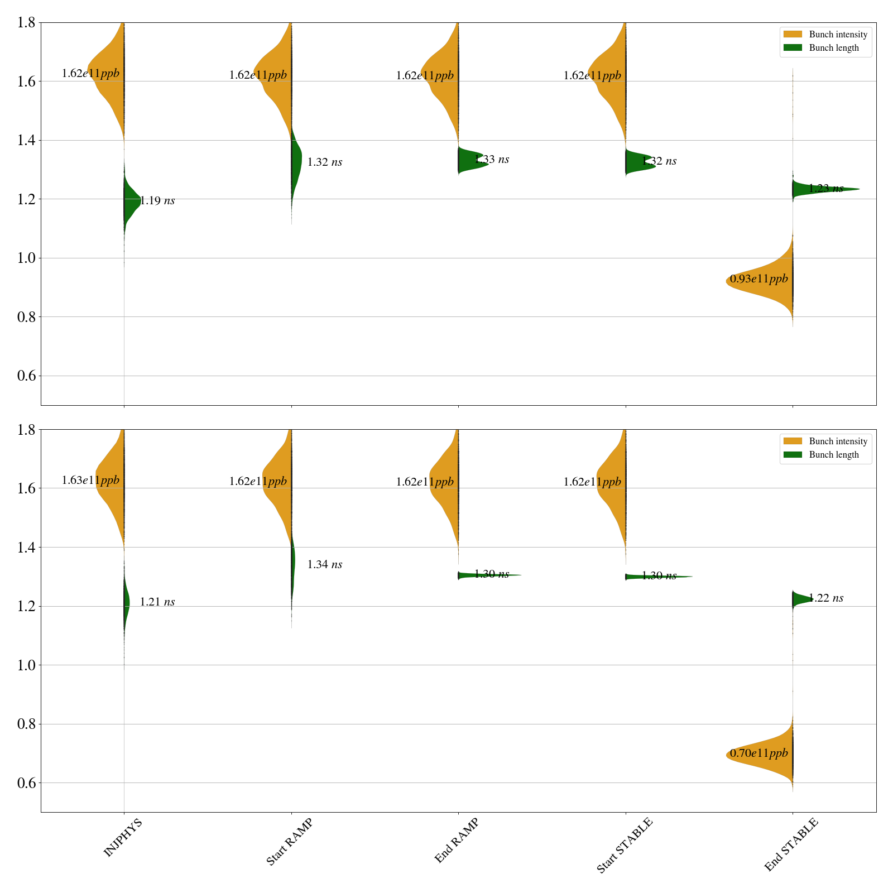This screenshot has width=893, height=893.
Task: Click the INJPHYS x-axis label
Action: click(123, 837)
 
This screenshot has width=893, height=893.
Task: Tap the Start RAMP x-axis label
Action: click(289, 842)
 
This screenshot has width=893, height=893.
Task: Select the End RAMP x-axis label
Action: click(457, 841)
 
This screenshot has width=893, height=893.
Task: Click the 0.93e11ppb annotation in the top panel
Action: click(759, 279)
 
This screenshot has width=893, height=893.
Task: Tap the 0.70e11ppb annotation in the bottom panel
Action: click(759, 753)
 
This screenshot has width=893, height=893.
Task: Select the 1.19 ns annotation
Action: click(157, 201)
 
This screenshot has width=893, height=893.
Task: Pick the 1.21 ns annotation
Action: click(157, 602)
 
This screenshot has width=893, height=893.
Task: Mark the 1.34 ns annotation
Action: click(325, 564)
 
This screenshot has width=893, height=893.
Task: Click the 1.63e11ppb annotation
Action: click(90, 480)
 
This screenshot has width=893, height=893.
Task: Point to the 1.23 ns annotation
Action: click(826, 189)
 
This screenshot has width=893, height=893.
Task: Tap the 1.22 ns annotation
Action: click(826, 598)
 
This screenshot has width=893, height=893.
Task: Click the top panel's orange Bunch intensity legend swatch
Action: click(793, 35)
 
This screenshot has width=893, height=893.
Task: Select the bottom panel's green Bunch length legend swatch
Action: click(793, 455)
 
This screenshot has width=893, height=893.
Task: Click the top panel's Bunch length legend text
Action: click(834, 48)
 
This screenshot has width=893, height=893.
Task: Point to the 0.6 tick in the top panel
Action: click(27, 376)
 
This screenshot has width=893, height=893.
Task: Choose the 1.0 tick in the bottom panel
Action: click(27, 665)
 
